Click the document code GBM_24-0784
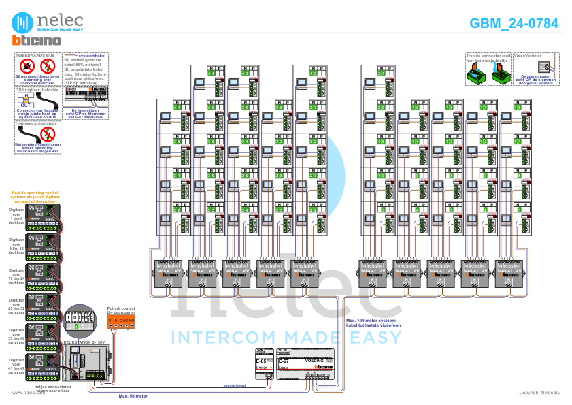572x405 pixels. point(514,23)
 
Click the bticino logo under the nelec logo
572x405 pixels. point(36,41)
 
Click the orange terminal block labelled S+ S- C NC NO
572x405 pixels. point(121,323)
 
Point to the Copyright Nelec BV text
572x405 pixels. point(539,393)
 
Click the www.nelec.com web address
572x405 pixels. point(24,393)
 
